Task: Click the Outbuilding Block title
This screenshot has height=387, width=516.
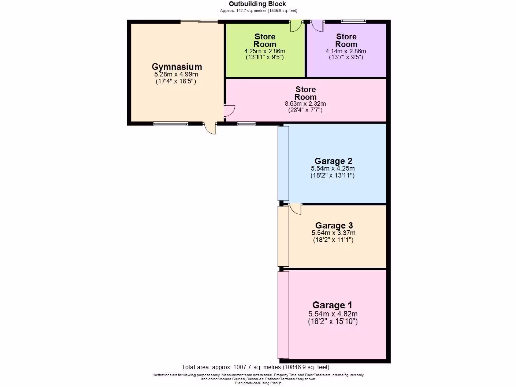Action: (x=257, y=4)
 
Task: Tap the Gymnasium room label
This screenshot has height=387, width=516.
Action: (x=177, y=67)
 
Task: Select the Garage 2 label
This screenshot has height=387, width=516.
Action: (x=333, y=161)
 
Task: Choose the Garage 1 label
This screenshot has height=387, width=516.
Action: (x=333, y=305)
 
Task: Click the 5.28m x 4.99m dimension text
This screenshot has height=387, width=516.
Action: (x=177, y=74)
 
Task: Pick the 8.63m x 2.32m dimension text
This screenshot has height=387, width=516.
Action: (x=306, y=104)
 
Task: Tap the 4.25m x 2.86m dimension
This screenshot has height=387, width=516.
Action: (x=265, y=51)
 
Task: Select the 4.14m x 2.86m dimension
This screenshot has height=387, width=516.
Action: (x=346, y=51)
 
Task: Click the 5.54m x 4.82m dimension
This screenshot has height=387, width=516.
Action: (x=333, y=313)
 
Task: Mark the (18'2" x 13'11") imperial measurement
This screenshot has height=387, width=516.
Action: (x=333, y=176)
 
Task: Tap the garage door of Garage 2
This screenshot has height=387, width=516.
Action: (x=283, y=163)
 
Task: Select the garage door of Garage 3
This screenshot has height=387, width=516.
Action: (x=283, y=236)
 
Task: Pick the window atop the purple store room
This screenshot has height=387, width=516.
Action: (x=353, y=21)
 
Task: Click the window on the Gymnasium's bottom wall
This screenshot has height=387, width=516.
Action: (x=170, y=124)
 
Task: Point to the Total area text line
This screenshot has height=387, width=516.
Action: (x=255, y=367)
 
